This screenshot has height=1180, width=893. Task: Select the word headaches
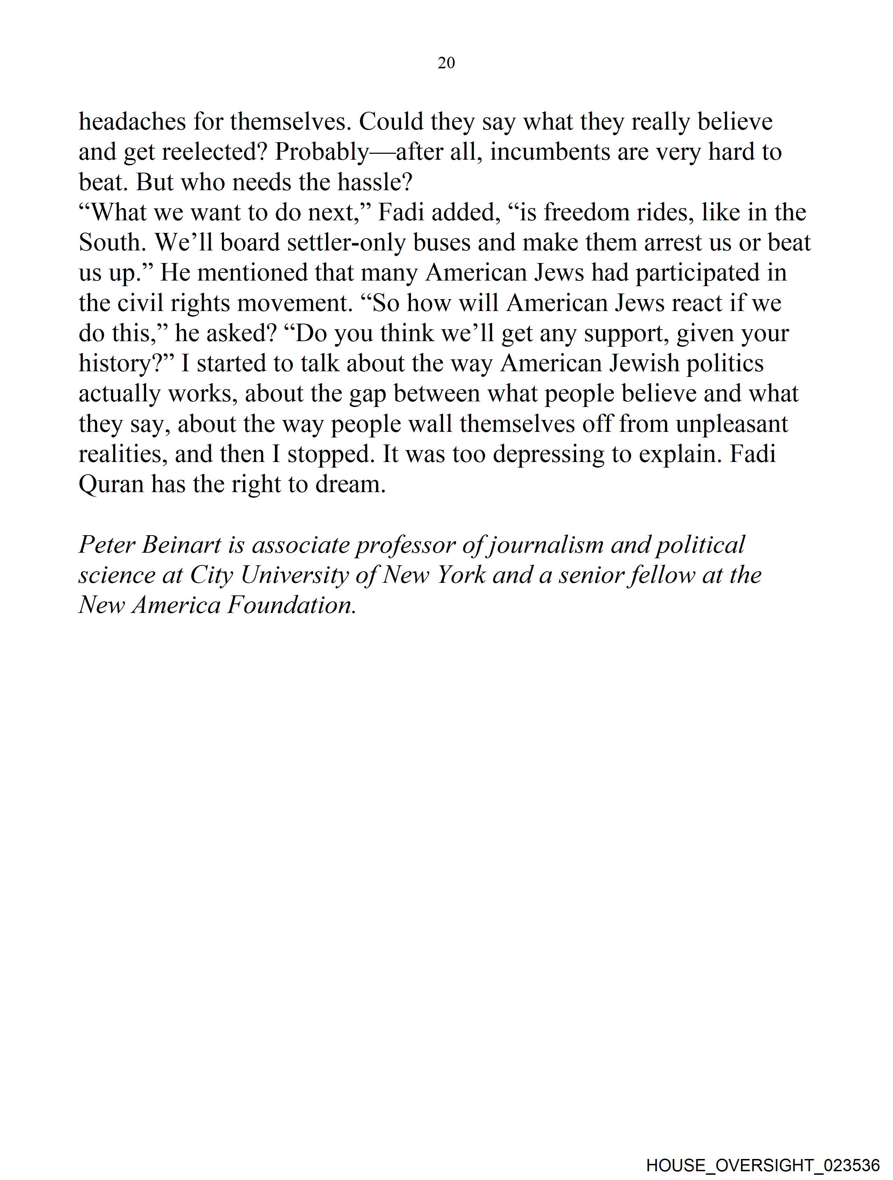coord(132,122)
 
